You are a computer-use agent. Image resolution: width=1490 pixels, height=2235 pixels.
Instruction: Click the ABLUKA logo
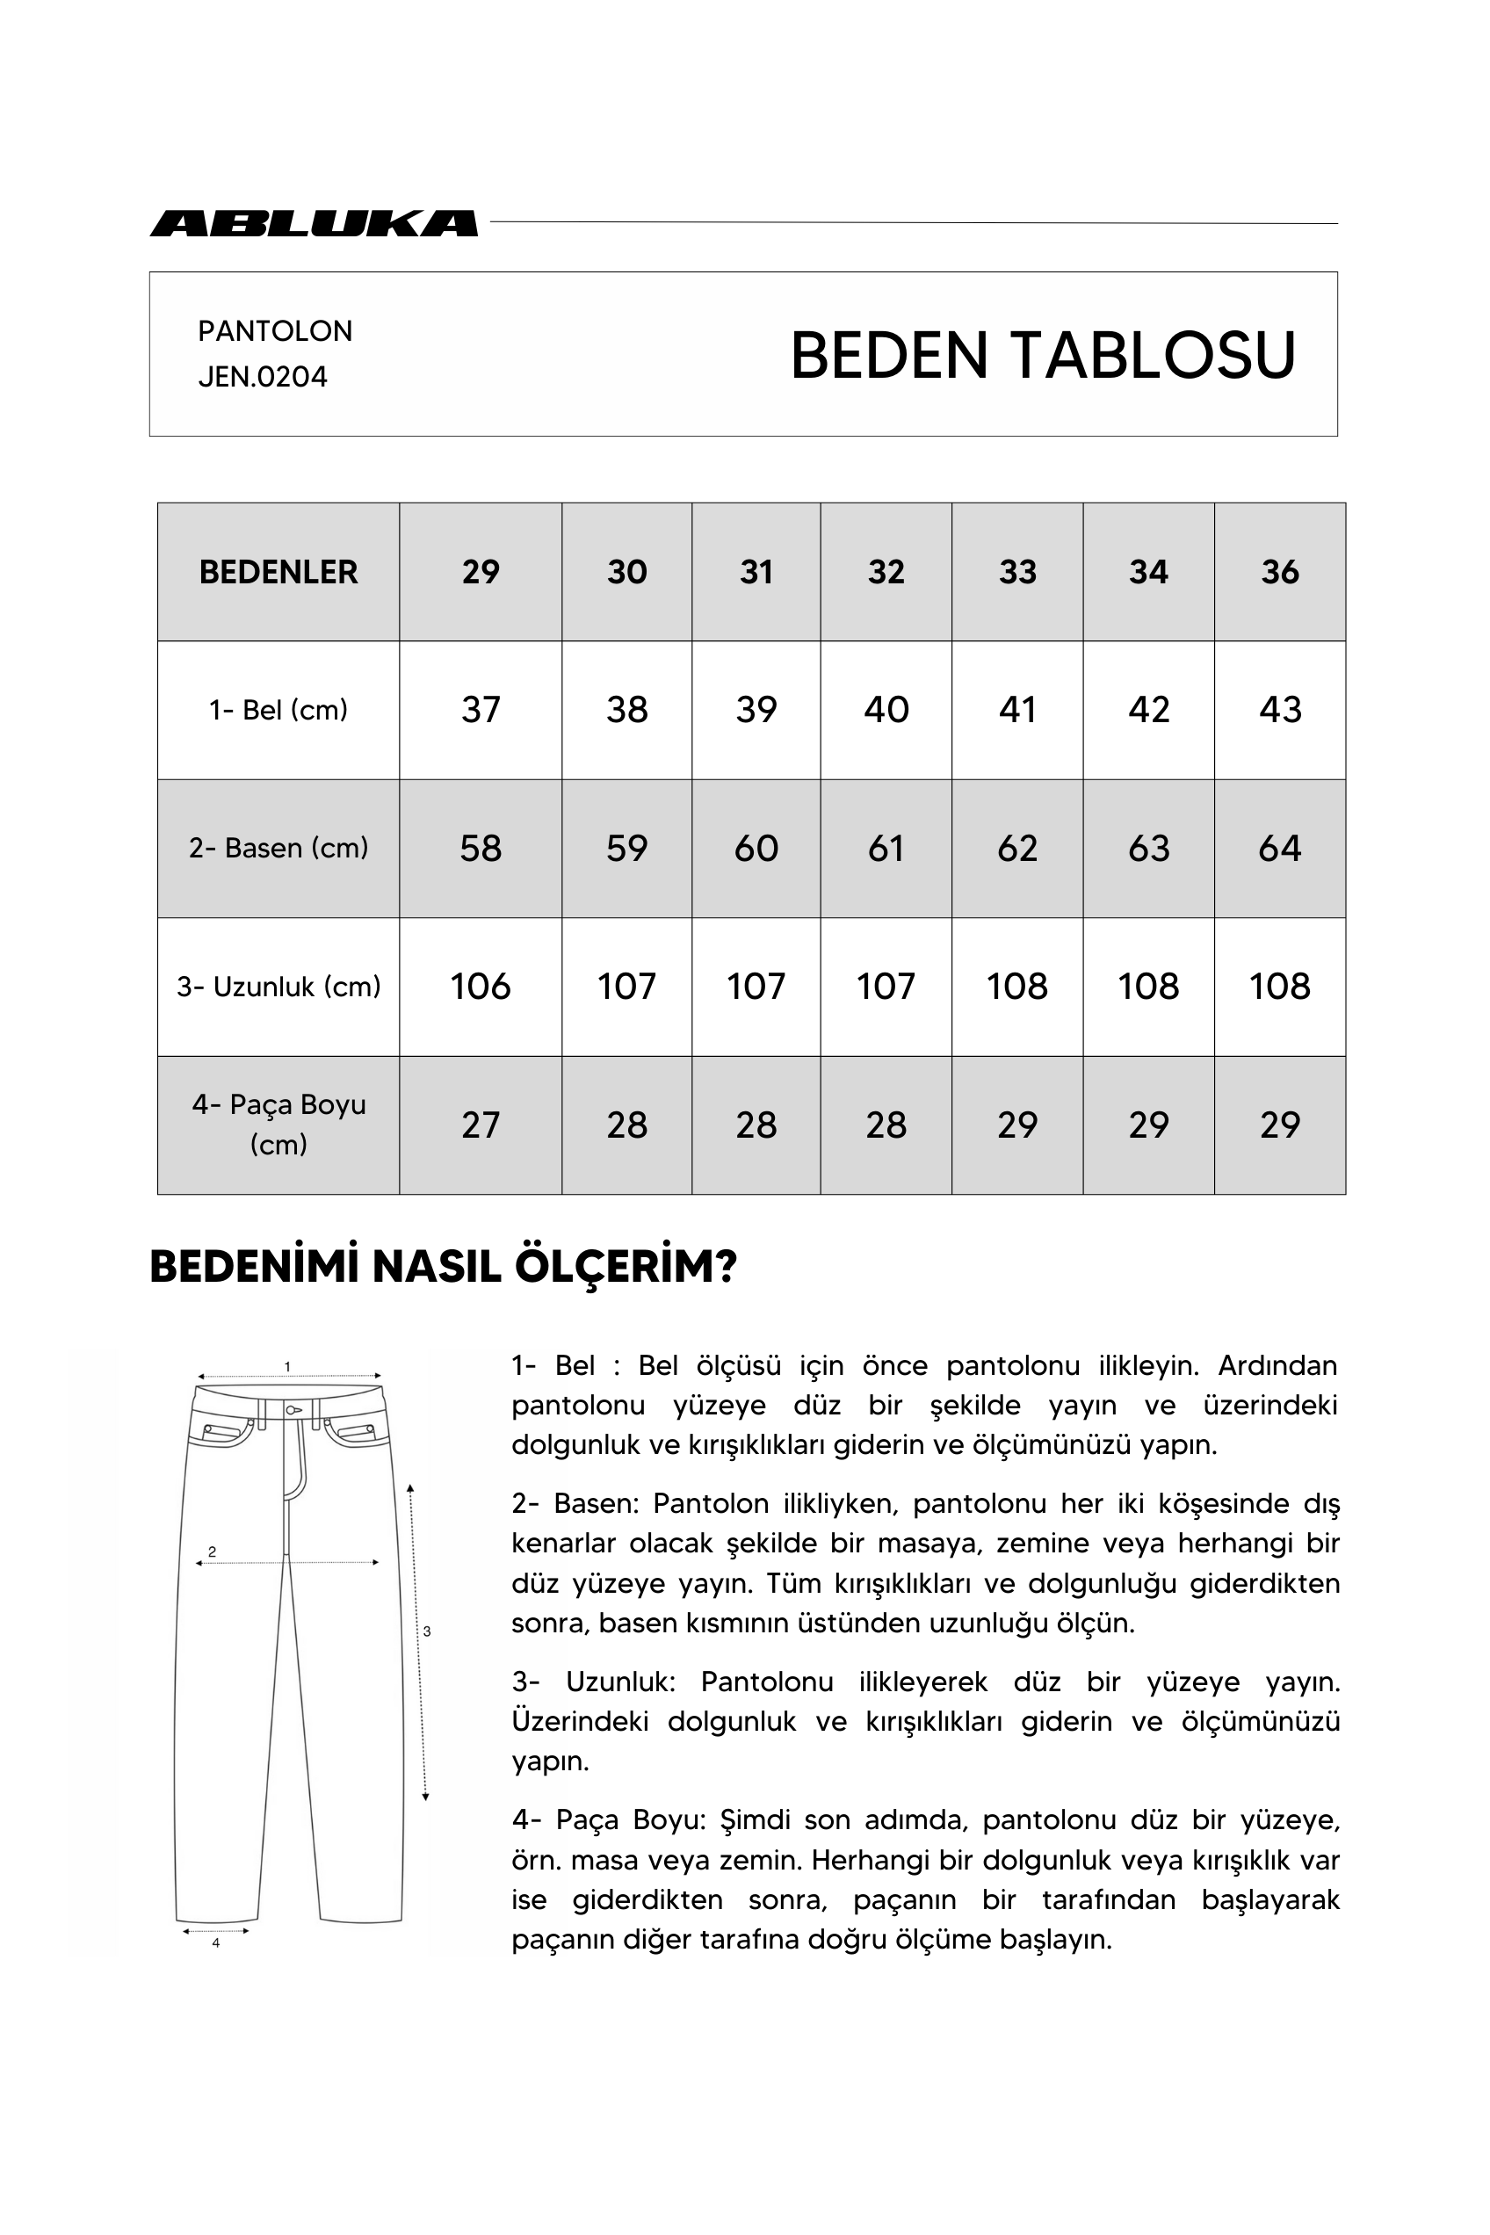pos(314,223)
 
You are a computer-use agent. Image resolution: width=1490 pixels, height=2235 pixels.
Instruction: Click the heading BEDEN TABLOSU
pos(1043,356)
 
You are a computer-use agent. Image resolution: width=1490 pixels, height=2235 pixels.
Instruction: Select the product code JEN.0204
pos(263,377)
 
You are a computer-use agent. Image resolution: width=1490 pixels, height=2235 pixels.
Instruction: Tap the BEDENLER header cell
pos(278,572)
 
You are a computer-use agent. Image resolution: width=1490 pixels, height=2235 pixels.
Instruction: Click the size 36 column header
pos(1279,572)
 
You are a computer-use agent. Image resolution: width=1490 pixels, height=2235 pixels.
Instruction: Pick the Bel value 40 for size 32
pos(886,710)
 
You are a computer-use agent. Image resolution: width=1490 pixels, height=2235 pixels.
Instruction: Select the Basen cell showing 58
pos(480,849)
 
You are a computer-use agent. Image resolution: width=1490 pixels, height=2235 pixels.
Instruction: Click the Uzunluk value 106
pos(480,987)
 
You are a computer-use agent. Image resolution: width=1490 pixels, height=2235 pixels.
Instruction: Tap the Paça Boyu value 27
pos(480,1125)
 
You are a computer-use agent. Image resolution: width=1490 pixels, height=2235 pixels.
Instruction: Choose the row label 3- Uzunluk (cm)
pos(278,987)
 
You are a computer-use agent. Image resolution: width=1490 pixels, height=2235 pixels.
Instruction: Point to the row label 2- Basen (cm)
pos(278,848)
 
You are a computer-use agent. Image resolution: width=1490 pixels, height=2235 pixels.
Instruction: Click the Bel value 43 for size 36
pos(1279,710)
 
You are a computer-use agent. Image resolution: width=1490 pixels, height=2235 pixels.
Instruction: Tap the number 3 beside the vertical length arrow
pos(427,1631)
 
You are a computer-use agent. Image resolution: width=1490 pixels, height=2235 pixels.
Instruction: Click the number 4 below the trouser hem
pos(216,1943)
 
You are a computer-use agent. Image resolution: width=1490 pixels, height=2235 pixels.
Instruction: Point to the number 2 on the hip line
pos(212,1551)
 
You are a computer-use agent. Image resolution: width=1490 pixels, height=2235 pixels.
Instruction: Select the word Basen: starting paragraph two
pos(597,1503)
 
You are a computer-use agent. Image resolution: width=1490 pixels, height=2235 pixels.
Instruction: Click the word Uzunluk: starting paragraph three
pos(619,1682)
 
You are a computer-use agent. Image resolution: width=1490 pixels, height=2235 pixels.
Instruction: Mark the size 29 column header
pos(480,572)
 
